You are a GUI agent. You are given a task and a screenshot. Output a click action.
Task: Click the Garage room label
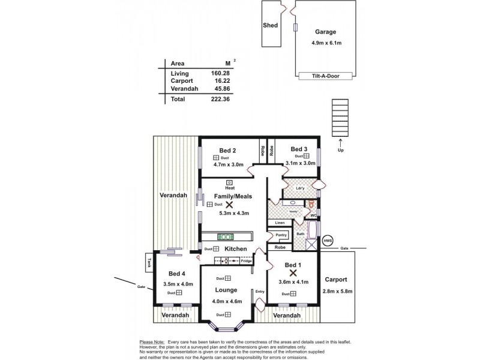pos(325,32)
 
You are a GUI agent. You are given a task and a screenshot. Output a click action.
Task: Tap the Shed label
pos(270,26)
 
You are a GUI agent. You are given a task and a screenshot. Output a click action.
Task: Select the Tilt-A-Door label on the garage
pos(325,76)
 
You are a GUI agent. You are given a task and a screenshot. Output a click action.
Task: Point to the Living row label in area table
pos(179,73)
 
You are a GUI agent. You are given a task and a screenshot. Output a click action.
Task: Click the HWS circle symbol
pos(327,241)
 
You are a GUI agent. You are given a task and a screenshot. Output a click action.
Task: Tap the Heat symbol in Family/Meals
pos(229,183)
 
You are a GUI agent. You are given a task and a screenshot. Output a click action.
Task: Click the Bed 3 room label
pos(299,149)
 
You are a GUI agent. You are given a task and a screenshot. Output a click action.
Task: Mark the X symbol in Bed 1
pos(293,272)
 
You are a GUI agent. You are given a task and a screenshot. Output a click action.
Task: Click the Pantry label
pos(281,235)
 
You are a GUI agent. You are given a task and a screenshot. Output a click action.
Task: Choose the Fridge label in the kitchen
pos(246,262)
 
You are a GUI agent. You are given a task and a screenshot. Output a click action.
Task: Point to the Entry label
pos(259,292)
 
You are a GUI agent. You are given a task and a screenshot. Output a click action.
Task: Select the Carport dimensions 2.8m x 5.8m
pos(337,292)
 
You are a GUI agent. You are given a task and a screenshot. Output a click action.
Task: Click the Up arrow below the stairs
pos(340,144)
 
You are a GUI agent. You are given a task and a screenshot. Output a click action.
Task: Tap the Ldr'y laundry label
pos(301,188)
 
